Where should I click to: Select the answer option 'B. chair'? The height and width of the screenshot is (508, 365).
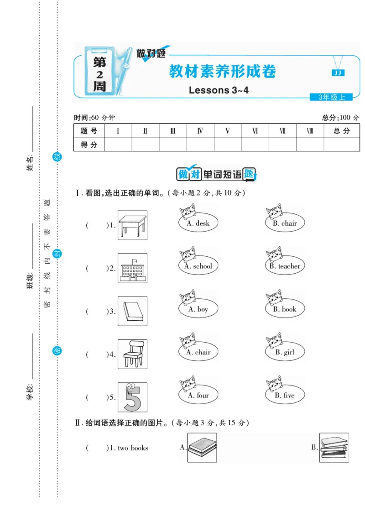click(285, 223)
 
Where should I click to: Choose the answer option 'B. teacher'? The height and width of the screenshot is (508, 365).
click(285, 266)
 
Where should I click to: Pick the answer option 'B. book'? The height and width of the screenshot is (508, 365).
click(285, 309)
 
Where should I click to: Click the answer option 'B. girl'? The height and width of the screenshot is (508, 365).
click(285, 352)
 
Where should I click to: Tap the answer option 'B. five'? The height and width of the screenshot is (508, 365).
click(285, 396)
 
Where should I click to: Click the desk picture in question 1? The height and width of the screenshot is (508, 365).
click(132, 225)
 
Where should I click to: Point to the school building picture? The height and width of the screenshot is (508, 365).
click(132, 268)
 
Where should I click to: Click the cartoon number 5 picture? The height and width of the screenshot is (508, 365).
click(132, 397)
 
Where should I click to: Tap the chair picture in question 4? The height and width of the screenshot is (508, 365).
click(132, 354)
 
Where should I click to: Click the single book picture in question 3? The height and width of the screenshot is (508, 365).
click(132, 311)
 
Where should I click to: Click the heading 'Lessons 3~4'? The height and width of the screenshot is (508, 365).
click(219, 90)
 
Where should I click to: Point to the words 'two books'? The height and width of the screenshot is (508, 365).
click(133, 448)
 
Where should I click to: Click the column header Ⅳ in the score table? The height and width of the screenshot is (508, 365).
click(200, 131)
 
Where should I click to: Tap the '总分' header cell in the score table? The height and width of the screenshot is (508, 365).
click(341, 131)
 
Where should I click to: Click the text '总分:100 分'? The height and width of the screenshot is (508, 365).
click(340, 117)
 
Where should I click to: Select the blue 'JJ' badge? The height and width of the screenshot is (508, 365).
click(338, 73)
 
